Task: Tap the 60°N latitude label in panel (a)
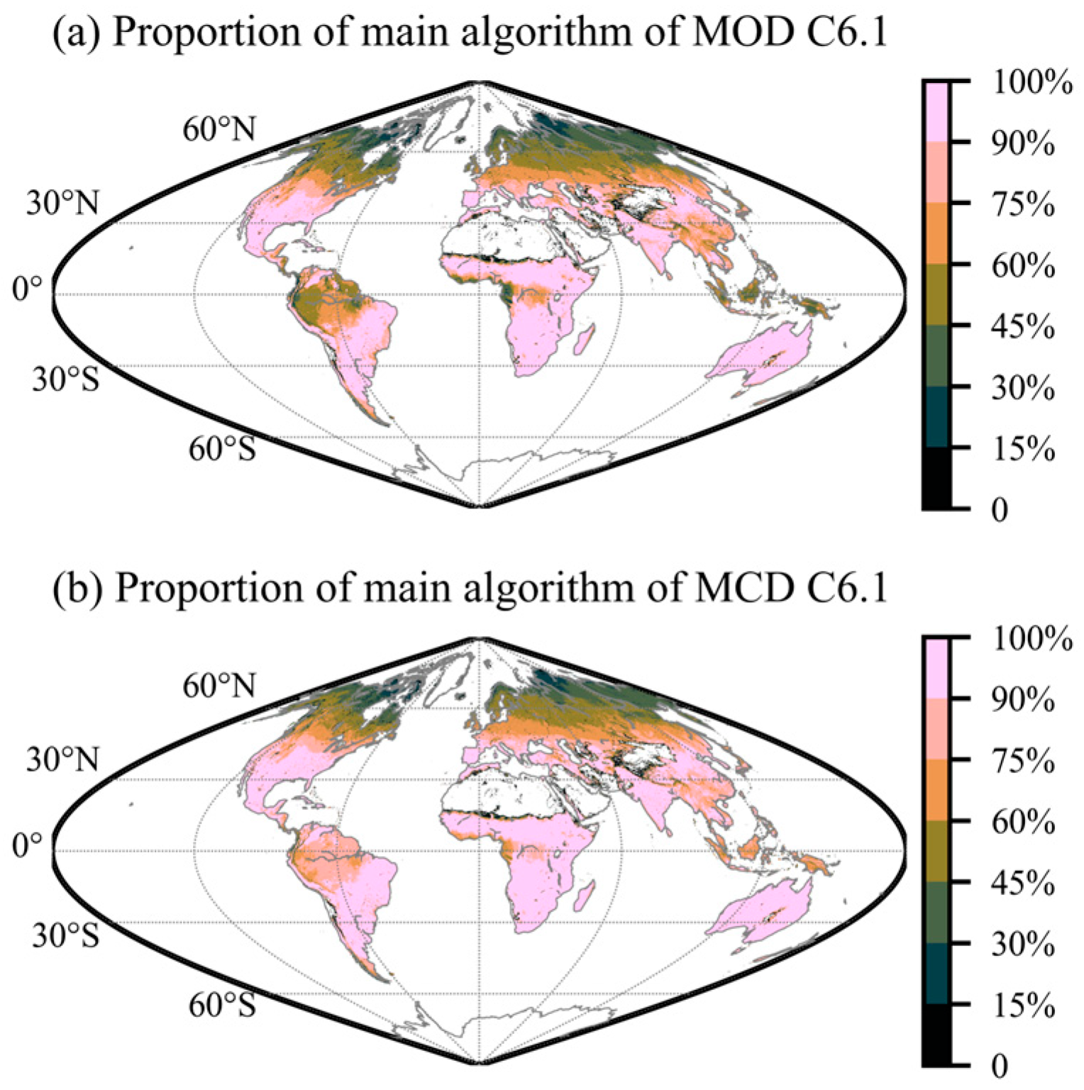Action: click(219, 129)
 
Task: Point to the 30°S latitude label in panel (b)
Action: click(65, 936)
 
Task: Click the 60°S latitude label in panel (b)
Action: click(221, 1005)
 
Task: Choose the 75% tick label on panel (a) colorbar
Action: click(1022, 206)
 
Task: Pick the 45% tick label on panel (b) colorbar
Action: click(1022, 884)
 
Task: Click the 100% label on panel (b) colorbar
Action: click(1031, 639)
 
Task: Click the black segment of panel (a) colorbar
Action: click(936, 478)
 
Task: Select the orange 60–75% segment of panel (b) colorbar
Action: click(936, 790)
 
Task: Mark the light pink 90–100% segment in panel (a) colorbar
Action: click(936, 111)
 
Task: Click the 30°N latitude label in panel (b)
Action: click(63, 760)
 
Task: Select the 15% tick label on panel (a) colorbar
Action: click(1022, 450)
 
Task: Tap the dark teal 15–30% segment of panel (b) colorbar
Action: click(936, 973)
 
